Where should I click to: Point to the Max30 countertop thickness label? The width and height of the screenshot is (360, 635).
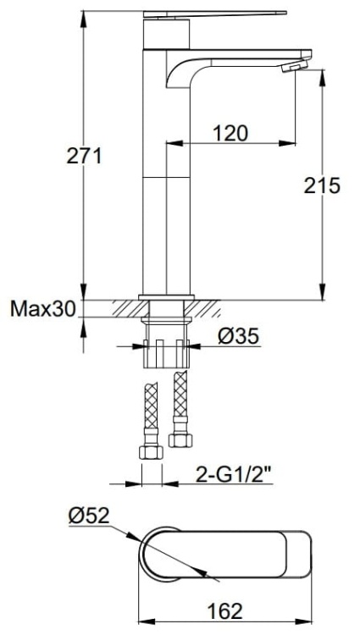(42, 309)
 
